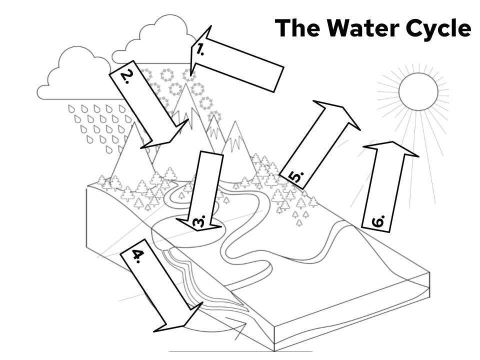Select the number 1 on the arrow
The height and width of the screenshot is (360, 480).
pyautogui.click(x=200, y=49)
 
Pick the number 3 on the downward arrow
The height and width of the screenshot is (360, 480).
pyautogui.click(x=199, y=221)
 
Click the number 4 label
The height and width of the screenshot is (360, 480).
pyautogui.click(x=138, y=255)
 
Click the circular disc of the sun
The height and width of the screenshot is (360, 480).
pyautogui.click(x=418, y=91)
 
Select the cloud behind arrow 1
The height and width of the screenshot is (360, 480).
pyautogui.click(x=160, y=42)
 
